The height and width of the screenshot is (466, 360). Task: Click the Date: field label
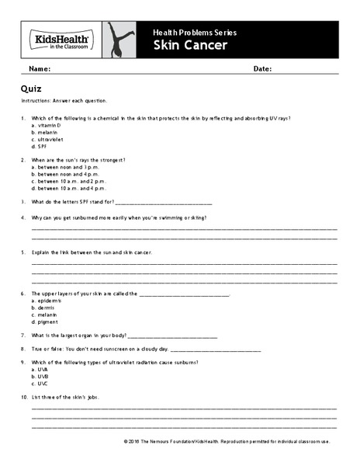[x=262, y=69]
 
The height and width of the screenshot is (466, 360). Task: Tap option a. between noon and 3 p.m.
[x=69, y=167]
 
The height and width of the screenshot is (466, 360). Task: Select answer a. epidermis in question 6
[x=47, y=301]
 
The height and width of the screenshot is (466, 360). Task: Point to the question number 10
[x=24, y=398]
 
